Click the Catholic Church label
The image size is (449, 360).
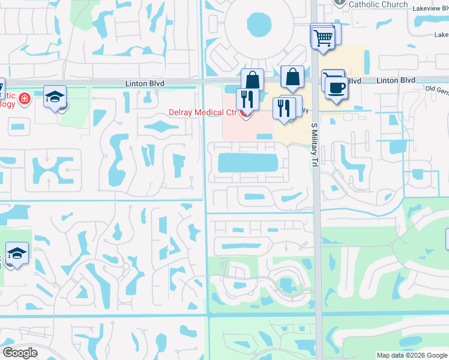(x=378, y=4)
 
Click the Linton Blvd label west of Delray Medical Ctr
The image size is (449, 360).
(x=145, y=83)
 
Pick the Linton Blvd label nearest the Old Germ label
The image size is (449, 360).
(x=396, y=80)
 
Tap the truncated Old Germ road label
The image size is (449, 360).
(x=436, y=89)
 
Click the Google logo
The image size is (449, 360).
(x=20, y=353)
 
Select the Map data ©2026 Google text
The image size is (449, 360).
(x=411, y=355)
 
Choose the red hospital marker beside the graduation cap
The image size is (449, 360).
(x=25, y=98)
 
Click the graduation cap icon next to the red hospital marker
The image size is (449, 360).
(x=55, y=96)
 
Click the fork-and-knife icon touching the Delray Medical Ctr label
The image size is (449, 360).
(x=247, y=98)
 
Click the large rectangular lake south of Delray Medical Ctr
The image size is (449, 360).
(x=247, y=163)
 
